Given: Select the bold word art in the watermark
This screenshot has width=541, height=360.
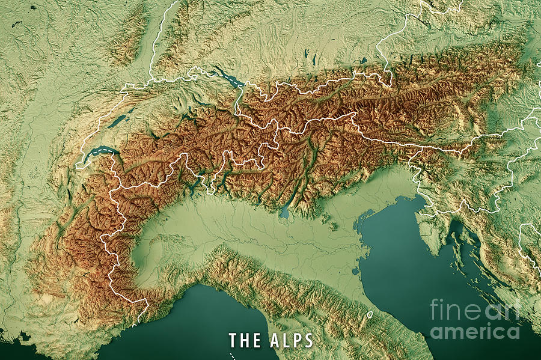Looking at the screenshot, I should pos(502,310).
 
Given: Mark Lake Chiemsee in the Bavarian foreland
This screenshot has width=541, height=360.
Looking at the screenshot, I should pos(363,61).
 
